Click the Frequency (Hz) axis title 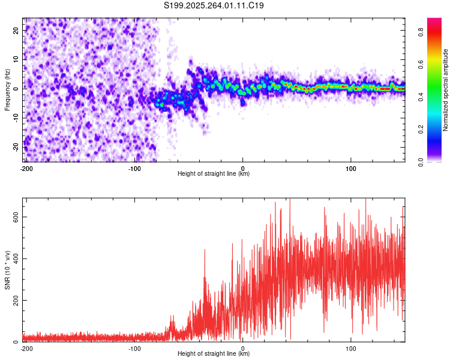(7, 90)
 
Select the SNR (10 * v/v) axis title (7, 269)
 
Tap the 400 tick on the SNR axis (15, 259)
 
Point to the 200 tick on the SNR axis (15, 300)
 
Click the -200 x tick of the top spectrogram (26, 168)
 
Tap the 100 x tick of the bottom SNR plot (351, 348)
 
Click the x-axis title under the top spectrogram (214, 174)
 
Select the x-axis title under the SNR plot (214, 354)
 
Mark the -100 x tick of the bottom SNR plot (134, 348)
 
